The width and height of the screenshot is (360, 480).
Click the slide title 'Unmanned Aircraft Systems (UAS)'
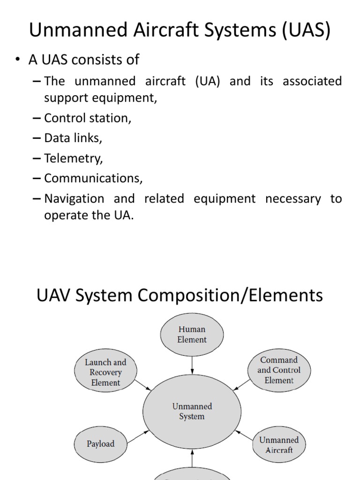pyautogui.click(x=180, y=30)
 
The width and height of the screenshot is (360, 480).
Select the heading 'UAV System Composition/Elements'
pyautogui.click(x=180, y=295)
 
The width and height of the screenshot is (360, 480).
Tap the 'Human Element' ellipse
pyautogui.click(x=192, y=334)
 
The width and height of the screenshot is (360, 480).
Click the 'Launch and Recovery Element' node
pyautogui.click(x=105, y=372)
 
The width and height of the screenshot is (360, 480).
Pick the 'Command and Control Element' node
pyautogui.click(x=278, y=370)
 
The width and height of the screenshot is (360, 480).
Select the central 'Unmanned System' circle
pyautogui.click(x=192, y=411)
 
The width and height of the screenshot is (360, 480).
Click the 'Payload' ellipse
pyautogui.click(x=100, y=443)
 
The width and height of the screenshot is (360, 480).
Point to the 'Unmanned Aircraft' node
pyautogui.click(x=279, y=445)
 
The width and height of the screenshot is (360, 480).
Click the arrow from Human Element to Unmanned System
pyautogui.click(x=192, y=364)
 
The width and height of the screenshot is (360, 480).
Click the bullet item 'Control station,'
pyautogui.click(x=88, y=118)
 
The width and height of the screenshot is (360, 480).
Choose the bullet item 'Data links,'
pyautogui.click(x=73, y=138)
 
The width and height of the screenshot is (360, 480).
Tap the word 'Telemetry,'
pyautogui.click(x=73, y=158)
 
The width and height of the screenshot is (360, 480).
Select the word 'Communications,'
pyautogui.click(x=93, y=178)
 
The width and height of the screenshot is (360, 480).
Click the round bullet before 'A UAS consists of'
pyautogui.click(x=18, y=60)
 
